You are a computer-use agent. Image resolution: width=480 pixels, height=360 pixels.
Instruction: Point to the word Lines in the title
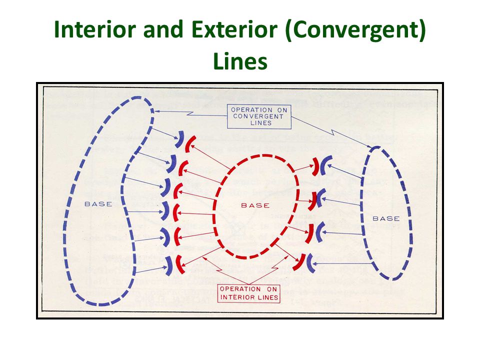click(240, 61)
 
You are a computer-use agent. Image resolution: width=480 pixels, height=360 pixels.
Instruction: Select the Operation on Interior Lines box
click(248, 293)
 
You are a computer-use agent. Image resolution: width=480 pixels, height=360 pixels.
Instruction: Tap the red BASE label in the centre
click(255, 205)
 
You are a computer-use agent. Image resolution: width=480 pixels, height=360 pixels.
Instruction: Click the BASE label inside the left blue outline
click(98, 203)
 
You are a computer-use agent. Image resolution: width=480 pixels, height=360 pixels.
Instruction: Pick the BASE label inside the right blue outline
click(386, 218)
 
